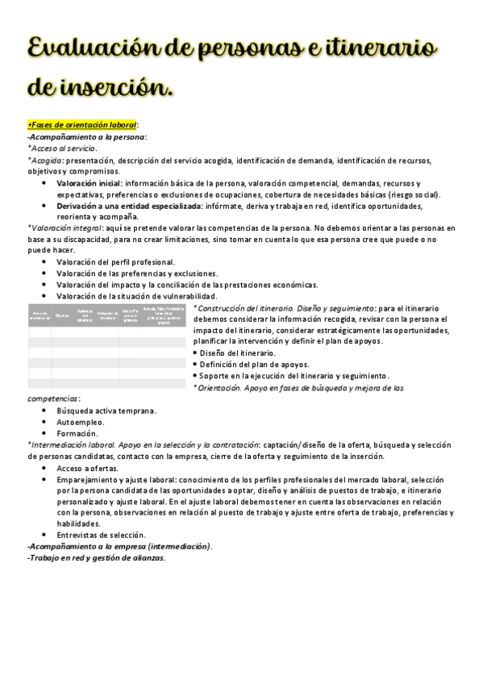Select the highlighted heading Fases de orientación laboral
[x=83, y=125]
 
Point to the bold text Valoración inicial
[x=89, y=184]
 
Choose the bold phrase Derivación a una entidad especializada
[x=129, y=206]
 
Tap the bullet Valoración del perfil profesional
[x=115, y=262]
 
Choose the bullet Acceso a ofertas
[x=87, y=468]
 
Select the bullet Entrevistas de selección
[x=101, y=535]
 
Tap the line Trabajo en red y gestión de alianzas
[x=97, y=557]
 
